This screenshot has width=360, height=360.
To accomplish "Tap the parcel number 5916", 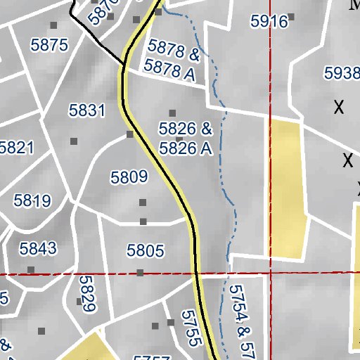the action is pos(269,22).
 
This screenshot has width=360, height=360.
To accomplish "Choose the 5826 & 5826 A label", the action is pos(186,139).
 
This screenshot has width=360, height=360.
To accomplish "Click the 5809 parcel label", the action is pos(129,176).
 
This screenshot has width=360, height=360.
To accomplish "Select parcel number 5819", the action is pos(32,201).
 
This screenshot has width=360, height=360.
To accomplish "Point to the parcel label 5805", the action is pos(145,250).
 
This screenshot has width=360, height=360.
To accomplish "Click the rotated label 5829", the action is pos(87,293).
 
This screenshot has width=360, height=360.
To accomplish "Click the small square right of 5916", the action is pos(291,16).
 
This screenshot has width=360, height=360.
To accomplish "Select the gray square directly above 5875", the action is pos(53,25).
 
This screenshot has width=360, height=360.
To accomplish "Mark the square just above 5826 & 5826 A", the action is pos(173,112).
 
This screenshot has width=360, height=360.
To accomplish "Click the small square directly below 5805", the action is pos(140,272).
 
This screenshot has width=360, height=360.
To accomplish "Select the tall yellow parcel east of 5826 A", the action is pos(288,186).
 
